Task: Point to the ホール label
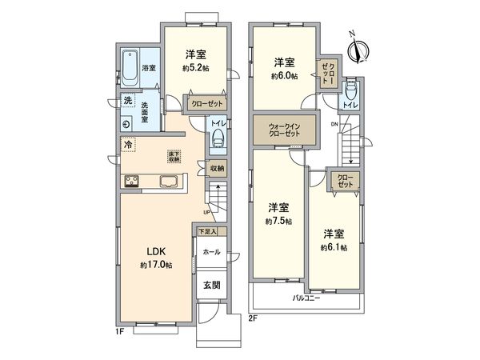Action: tap(211, 251)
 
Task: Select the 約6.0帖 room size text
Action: tap(284, 76)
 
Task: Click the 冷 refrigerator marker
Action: tap(127, 146)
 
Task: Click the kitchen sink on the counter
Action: tap(169, 182)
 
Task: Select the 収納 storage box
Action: tap(217, 168)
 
